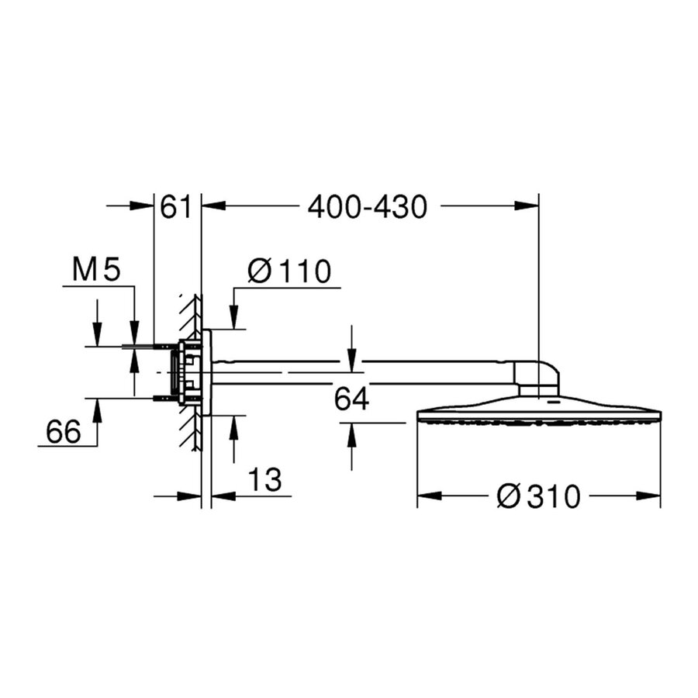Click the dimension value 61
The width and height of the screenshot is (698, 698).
[175, 207]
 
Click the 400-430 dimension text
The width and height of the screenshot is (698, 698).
[367, 207]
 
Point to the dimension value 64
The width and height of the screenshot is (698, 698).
[351, 399]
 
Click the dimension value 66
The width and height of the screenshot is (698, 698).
[63, 431]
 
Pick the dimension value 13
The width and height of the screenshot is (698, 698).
[264, 479]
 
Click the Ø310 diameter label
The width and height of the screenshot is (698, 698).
[538, 496]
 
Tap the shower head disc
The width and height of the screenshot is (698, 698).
[538, 411]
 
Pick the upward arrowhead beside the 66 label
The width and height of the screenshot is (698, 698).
[97, 408]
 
